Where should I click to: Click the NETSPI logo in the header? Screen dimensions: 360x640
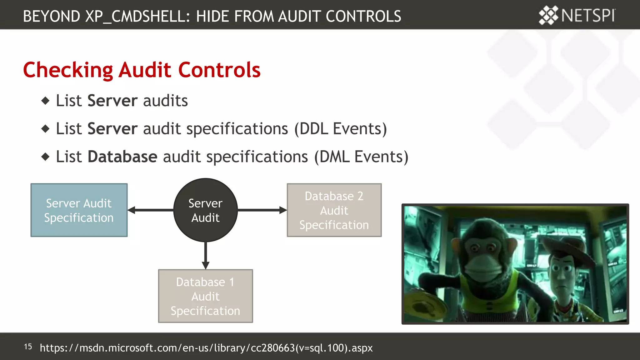click(x=577, y=15)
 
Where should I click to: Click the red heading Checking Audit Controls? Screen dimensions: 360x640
click(x=142, y=70)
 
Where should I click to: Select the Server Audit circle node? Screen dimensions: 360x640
click(x=205, y=210)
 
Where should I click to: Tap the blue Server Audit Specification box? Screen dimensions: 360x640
click(x=79, y=210)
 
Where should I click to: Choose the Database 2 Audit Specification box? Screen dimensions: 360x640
click(x=334, y=210)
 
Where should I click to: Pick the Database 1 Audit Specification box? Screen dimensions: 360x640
click(x=205, y=296)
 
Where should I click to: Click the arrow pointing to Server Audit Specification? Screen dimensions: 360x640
click(x=150, y=210)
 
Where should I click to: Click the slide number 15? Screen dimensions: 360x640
click(x=28, y=347)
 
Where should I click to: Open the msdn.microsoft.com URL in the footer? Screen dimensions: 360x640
click(x=206, y=348)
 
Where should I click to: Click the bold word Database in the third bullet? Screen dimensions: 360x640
click(x=122, y=157)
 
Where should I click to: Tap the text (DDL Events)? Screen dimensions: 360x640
click(x=340, y=129)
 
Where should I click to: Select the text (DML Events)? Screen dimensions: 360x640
click(x=361, y=157)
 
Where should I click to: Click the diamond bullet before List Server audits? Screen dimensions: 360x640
click(x=46, y=101)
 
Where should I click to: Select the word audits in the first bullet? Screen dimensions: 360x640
click(x=165, y=101)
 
